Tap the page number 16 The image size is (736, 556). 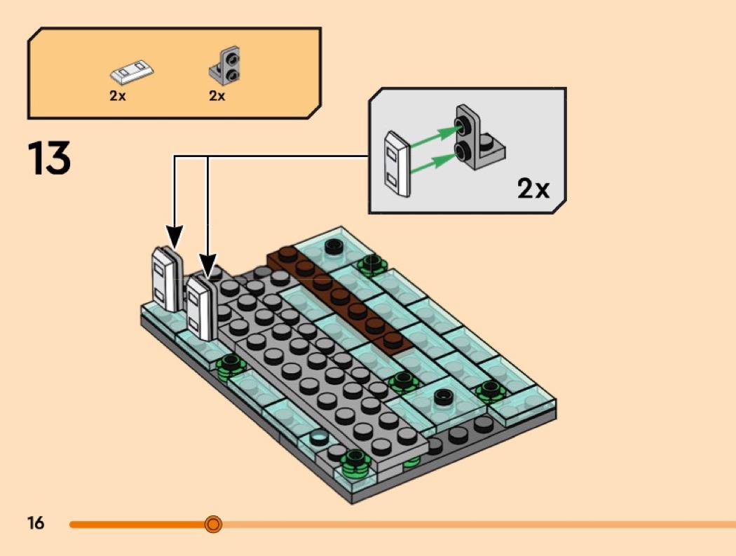click(x=36, y=523)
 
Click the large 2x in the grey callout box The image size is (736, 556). click(x=533, y=189)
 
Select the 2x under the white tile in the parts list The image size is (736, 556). click(x=117, y=96)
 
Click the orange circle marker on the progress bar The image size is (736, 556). click(x=213, y=524)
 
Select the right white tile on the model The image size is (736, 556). click(x=200, y=308)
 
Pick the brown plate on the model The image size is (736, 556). click(x=339, y=295)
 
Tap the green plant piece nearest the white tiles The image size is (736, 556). click(x=230, y=364)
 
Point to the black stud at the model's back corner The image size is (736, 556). click(x=334, y=245)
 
